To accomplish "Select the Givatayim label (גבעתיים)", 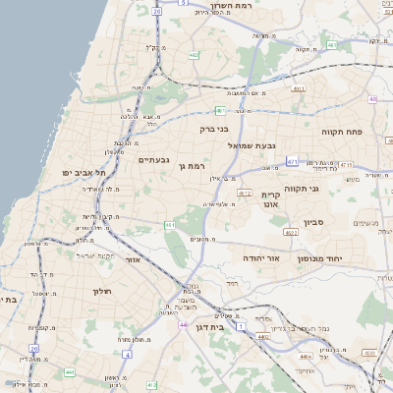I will [155, 160].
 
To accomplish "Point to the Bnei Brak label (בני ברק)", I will [213, 129].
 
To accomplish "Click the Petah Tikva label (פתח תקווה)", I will [342, 131].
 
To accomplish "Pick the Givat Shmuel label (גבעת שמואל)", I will [254, 145].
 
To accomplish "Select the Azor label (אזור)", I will [135, 260].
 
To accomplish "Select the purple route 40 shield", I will [372, 99].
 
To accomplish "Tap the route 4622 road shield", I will [291, 233].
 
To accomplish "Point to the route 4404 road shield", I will [305, 356].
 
